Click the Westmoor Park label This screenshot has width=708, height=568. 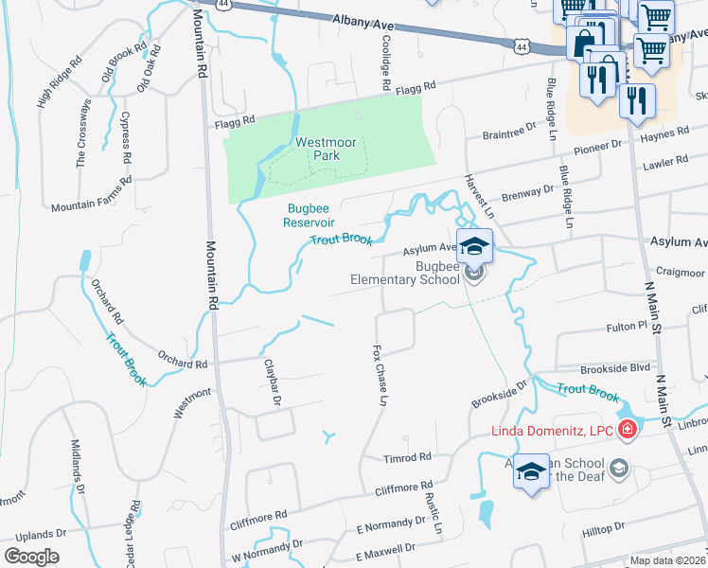pyautogui.click(x=326, y=150)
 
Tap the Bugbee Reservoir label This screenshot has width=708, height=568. pyautogui.click(x=310, y=215)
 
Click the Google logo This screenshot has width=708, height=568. pyautogui.click(x=32, y=557)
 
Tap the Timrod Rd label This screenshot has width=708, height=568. pyautogui.click(x=408, y=458)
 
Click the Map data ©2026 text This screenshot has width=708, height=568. pyautogui.click(x=667, y=560)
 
